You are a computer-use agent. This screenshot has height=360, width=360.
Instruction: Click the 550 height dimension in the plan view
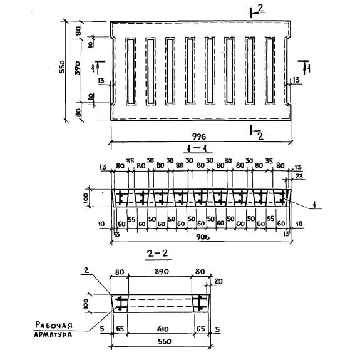(x=62, y=66)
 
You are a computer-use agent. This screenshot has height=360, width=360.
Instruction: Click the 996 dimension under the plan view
(x=199, y=137)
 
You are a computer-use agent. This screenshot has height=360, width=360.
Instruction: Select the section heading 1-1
(x=197, y=150)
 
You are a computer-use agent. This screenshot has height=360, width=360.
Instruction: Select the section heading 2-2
(x=158, y=254)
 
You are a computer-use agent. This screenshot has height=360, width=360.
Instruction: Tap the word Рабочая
(x=54, y=325)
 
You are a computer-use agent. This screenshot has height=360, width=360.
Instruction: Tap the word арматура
(x=53, y=334)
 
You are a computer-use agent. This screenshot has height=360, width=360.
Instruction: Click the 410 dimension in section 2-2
(x=163, y=329)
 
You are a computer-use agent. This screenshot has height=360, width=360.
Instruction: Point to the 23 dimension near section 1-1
(x=299, y=177)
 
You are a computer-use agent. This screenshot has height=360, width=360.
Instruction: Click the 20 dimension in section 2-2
(x=218, y=282)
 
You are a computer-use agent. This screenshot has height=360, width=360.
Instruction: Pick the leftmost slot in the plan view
(x=131, y=71)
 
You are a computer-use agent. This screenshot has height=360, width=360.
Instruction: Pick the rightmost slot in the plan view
(x=270, y=71)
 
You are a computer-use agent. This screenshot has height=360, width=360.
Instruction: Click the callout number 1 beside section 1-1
(x=315, y=205)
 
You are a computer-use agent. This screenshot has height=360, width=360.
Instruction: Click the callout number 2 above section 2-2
(x=86, y=270)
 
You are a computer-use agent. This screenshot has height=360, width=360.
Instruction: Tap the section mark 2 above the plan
(x=260, y=9)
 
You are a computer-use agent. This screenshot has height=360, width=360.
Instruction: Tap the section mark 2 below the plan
(x=260, y=136)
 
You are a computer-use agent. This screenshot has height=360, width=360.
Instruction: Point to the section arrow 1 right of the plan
(x=304, y=67)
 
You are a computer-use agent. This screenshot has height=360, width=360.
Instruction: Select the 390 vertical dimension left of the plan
(x=78, y=68)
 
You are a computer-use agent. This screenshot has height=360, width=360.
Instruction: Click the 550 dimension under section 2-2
(x=165, y=341)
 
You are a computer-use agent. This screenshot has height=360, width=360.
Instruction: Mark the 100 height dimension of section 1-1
(x=85, y=198)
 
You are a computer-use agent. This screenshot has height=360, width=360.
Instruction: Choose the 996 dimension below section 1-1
(x=203, y=237)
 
